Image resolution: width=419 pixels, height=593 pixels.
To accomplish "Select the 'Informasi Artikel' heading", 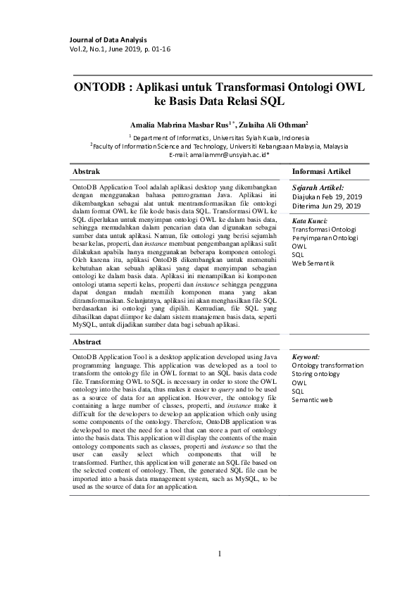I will click(320, 171).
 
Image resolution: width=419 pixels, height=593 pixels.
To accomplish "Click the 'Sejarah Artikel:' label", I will click(318, 187).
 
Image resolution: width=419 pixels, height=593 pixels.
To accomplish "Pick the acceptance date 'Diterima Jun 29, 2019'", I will click(326, 206).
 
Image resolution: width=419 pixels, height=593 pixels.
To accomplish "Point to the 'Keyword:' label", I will click(306, 357).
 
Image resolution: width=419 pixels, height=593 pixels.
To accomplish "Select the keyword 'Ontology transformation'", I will click(327, 366).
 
